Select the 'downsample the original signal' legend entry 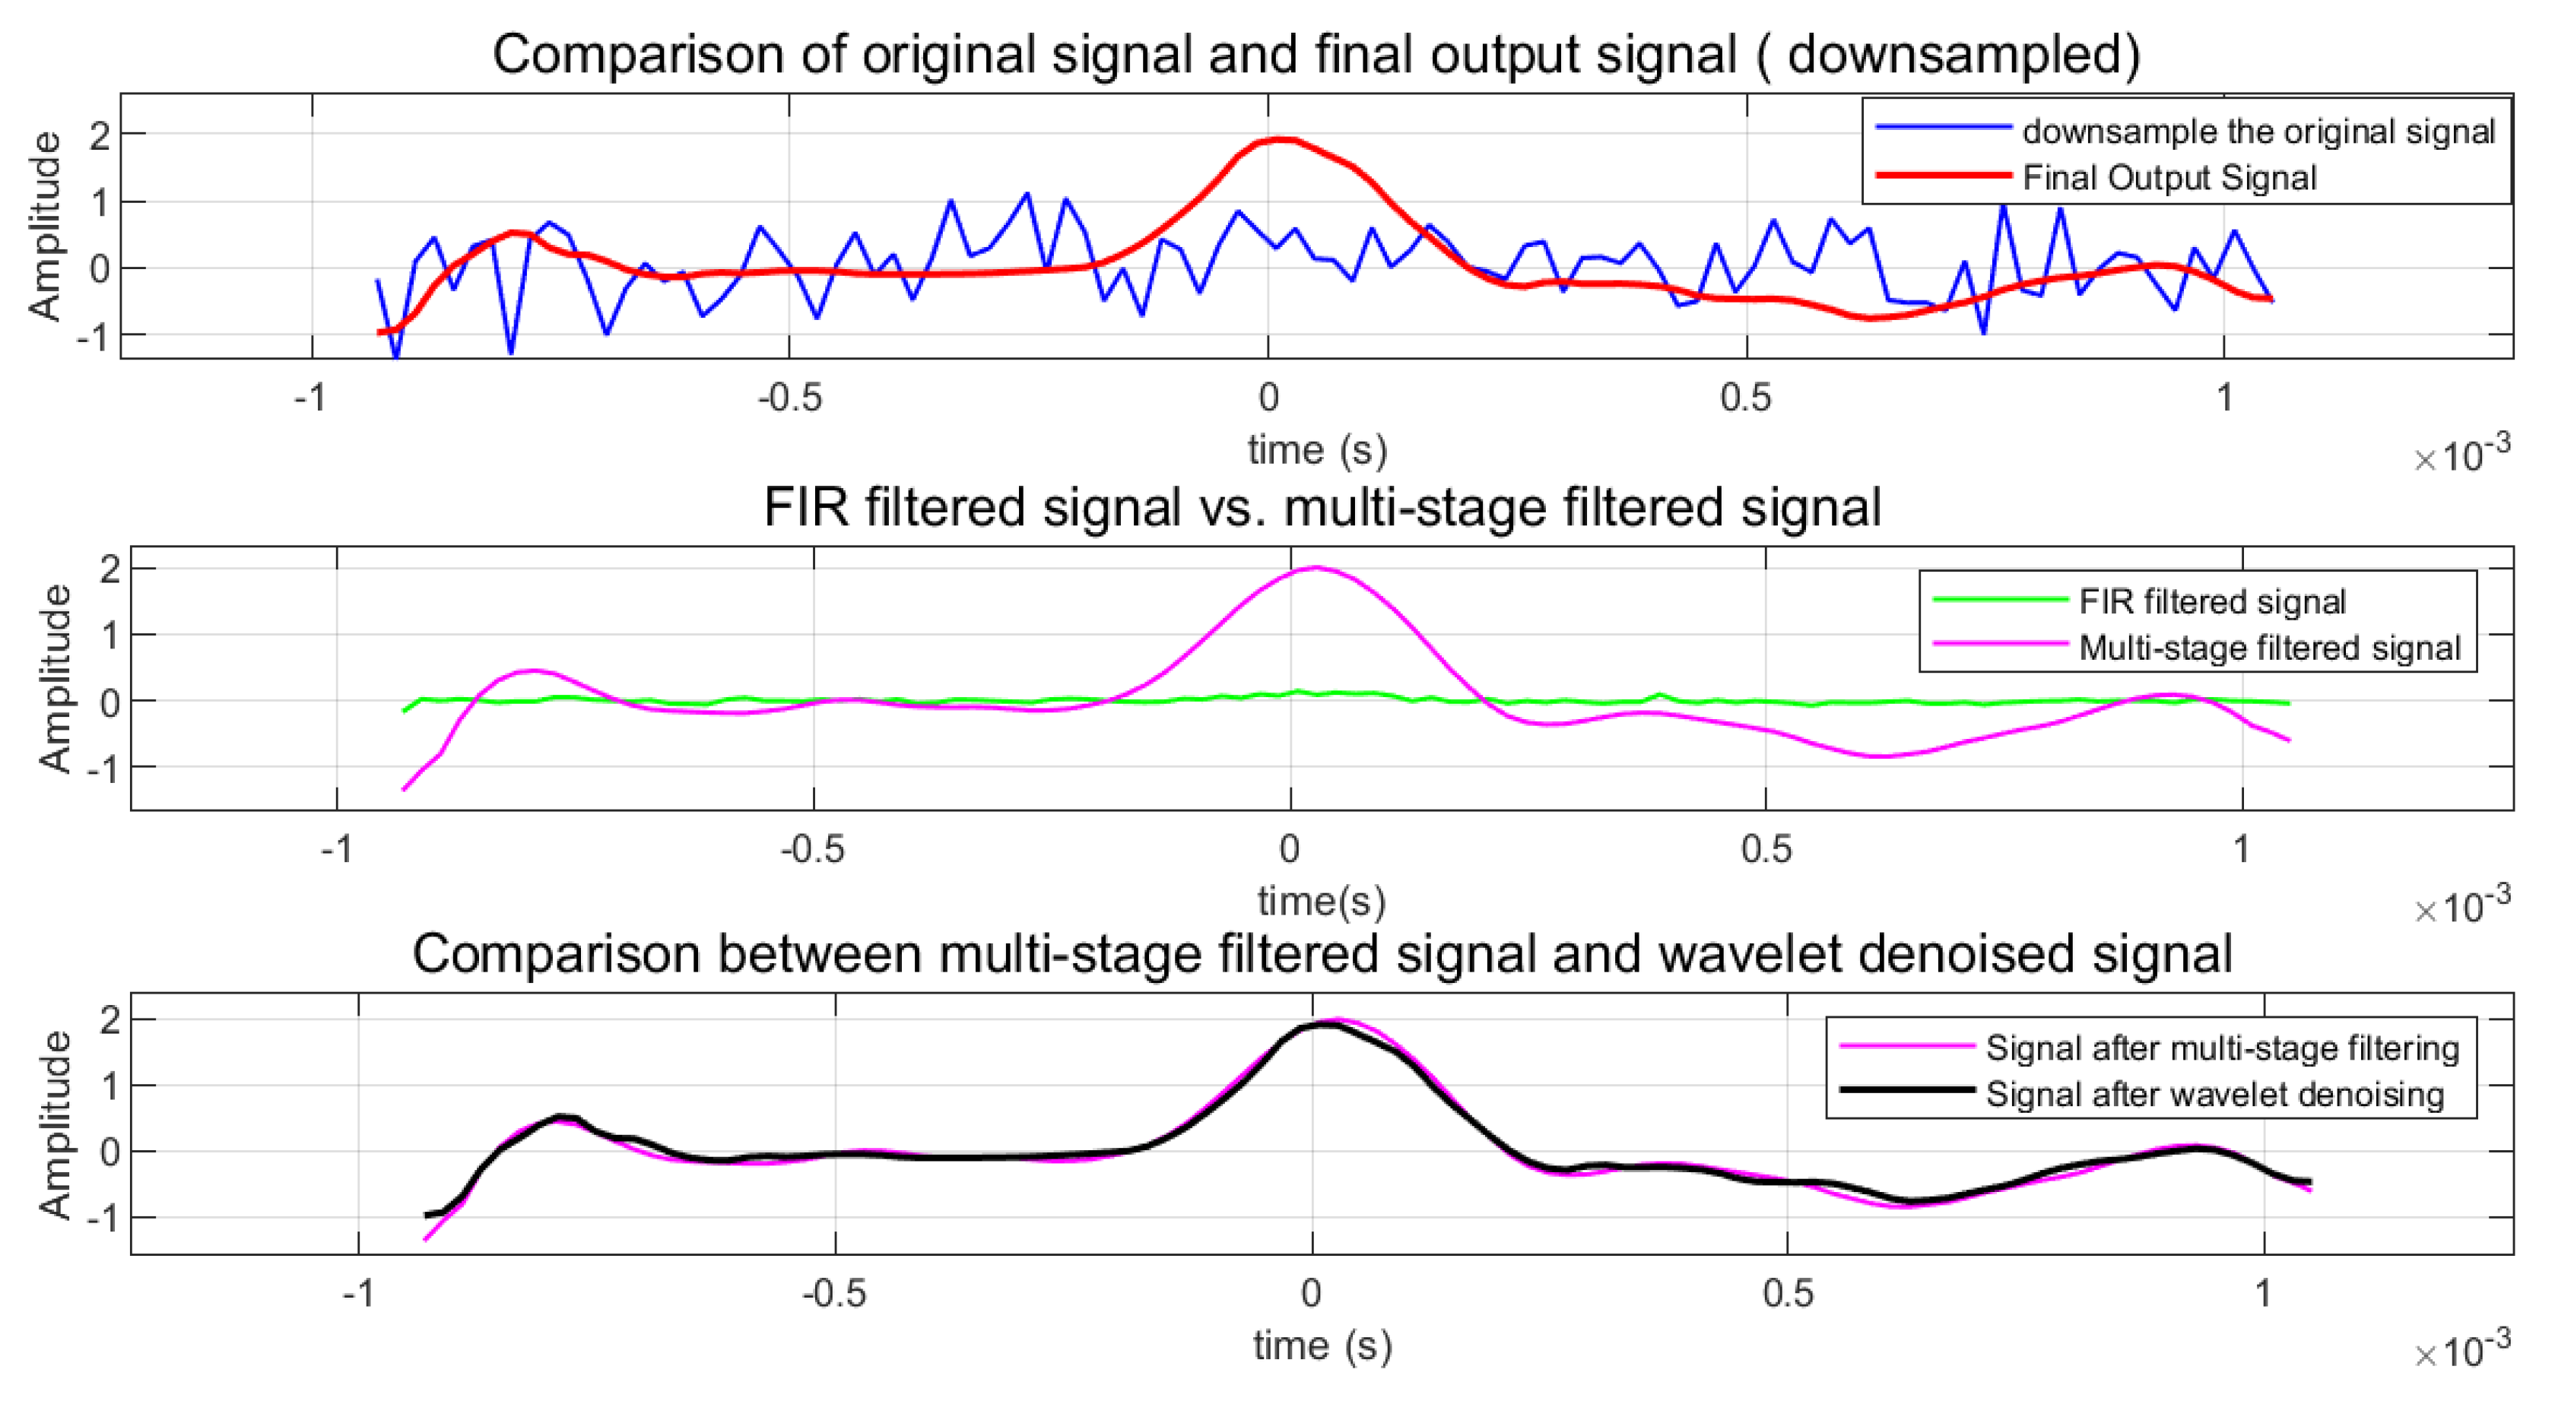[2258, 131]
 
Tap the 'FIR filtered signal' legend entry [2212, 601]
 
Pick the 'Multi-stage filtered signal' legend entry [2269, 648]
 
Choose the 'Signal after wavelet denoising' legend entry [2214, 1094]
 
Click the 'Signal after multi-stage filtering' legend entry [2222, 1048]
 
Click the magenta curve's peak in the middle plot [1316, 568]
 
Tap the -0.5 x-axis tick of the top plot [789, 398]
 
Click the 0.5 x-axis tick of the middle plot [1766, 850]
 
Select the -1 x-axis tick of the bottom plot [358, 1294]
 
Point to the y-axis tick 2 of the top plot [99, 135]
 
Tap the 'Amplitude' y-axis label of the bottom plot [55, 1124]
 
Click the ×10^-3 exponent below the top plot [2461, 455]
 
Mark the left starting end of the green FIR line [404, 710]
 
